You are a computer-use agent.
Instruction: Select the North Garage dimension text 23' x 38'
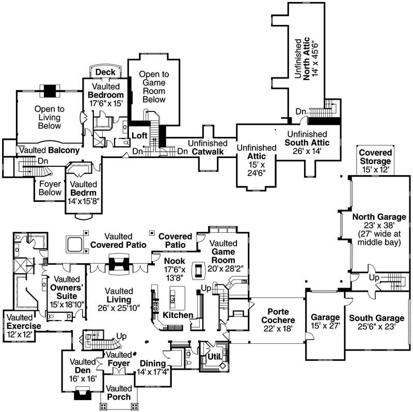tap(378, 225)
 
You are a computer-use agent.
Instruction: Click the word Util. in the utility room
tap(214, 356)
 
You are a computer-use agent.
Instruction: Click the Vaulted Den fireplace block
tap(82, 395)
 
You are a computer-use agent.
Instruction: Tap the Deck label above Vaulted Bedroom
tap(105, 72)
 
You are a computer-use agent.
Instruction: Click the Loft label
tap(139, 135)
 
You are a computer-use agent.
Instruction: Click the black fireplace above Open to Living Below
tap(50, 90)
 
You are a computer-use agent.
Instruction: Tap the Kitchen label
tap(178, 315)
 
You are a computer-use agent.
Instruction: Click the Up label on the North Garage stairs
tap(375, 277)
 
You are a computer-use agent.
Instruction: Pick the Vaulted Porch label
tap(119, 393)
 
